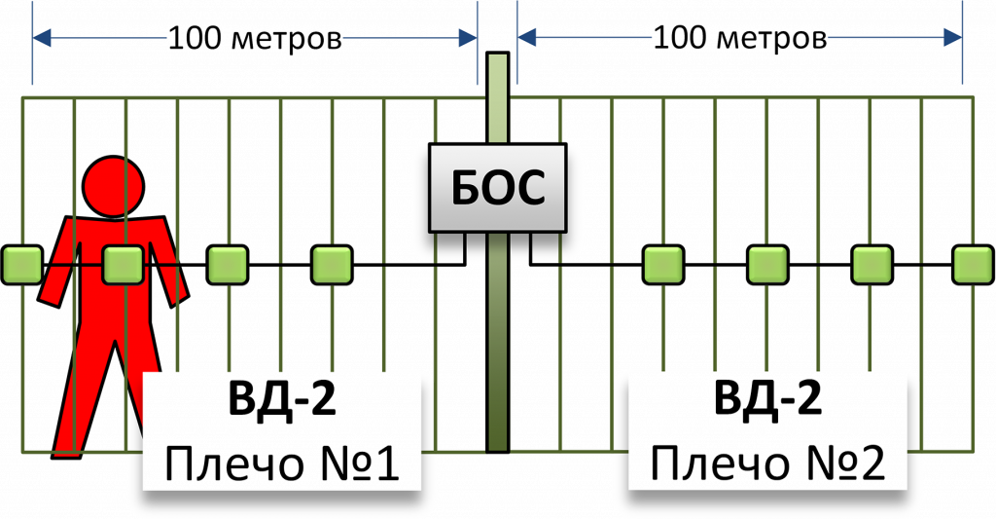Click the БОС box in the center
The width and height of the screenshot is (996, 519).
[x=497, y=188]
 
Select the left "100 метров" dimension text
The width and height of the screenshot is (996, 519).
[x=254, y=39]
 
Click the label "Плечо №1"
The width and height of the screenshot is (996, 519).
[x=282, y=466]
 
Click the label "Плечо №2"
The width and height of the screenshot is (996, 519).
[x=767, y=466]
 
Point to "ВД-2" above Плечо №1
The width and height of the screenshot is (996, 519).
[x=282, y=401]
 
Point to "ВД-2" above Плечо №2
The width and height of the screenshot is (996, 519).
[x=767, y=401]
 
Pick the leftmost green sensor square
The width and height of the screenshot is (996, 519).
[x=20, y=264]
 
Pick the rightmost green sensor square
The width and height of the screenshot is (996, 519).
[x=972, y=264]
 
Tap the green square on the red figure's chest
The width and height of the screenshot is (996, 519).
[x=124, y=264]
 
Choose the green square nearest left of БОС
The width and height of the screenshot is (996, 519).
[x=332, y=264]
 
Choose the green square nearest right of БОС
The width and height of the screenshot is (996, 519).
[x=663, y=264]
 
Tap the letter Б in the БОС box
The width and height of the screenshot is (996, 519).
[x=466, y=188]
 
